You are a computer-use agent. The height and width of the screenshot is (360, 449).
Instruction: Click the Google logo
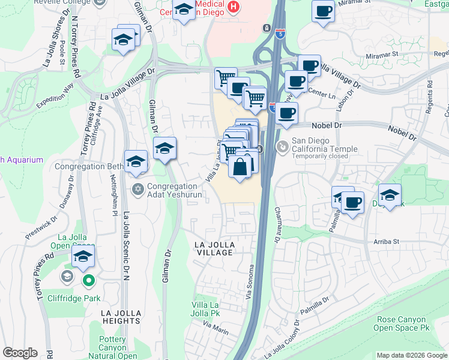20,353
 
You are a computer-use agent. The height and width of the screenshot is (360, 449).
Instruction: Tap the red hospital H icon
234,8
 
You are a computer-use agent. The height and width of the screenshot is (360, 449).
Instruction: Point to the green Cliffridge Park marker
89,280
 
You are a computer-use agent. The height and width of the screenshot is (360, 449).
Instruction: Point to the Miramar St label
382,54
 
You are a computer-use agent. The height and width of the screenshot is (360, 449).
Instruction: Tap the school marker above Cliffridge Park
83,259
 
